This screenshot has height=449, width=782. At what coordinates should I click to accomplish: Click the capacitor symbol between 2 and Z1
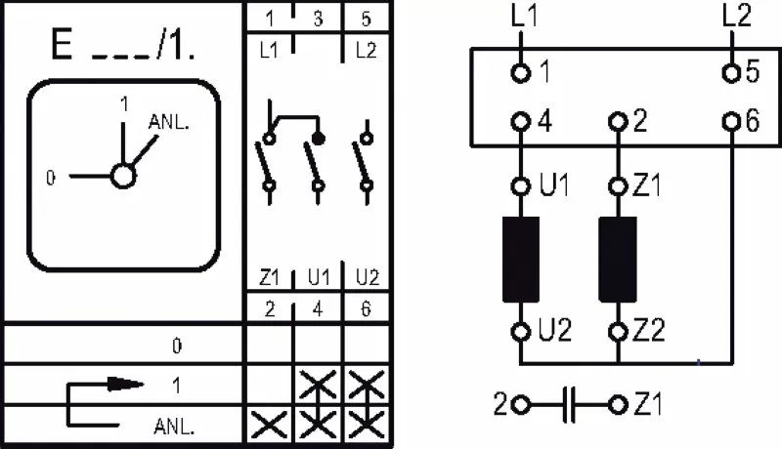570,405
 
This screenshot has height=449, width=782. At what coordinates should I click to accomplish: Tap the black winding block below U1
521,260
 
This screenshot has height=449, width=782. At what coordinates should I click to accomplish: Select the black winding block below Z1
618,260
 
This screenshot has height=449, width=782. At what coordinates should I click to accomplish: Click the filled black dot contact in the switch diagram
318,138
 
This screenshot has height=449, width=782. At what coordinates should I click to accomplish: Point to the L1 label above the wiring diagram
525,16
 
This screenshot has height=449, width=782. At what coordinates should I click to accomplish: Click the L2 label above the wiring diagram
737,16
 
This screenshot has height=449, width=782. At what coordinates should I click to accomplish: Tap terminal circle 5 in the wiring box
731,73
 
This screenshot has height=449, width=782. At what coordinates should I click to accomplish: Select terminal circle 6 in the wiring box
731,121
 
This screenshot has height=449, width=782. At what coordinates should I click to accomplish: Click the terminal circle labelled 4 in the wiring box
521,121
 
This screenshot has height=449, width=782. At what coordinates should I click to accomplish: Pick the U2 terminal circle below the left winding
521,331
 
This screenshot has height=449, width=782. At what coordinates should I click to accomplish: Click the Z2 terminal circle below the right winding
618,331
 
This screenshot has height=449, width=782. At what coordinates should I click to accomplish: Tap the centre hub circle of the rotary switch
123,176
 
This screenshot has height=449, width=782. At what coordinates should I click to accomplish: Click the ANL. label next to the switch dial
169,122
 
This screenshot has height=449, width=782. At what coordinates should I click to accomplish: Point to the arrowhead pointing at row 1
126,384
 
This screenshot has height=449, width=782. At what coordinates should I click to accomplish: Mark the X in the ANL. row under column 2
269,425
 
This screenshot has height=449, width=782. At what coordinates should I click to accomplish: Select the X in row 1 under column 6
367,385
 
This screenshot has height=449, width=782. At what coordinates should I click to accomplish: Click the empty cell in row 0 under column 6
367,345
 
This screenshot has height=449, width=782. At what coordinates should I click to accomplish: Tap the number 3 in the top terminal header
319,19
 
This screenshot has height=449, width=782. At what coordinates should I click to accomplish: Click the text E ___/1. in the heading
123,45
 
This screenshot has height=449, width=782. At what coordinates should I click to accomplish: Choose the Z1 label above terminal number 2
270,278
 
